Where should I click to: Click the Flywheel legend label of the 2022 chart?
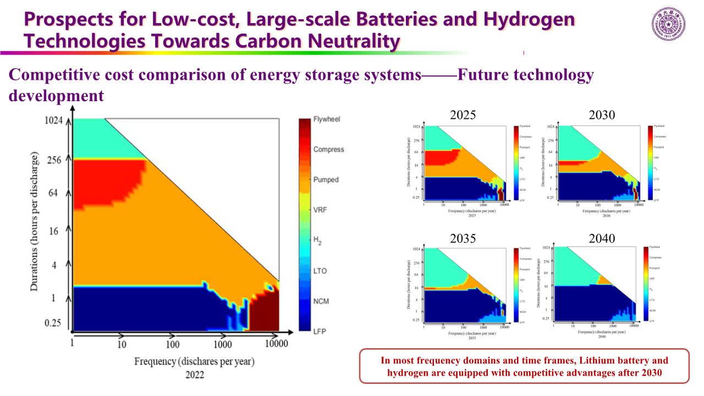pyautogui.click(x=328, y=119)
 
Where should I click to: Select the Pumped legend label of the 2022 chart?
pyautogui.click(x=326, y=180)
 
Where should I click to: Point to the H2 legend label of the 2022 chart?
pyautogui.click(x=318, y=240)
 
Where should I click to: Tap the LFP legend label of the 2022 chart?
pyautogui.click(x=320, y=331)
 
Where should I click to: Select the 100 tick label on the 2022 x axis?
pyautogui.click(x=173, y=344)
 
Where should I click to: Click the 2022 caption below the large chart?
pyautogui.click(x=194, y=375)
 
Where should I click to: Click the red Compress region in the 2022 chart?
pyautogui.click(x=105, y=182)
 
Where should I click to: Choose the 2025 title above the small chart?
pyautogui.click(x=463, y=116)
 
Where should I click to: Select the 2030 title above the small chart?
pyautogui.click(x=602, y=116)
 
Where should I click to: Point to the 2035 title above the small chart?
pyautogui.click(x=463, y=239)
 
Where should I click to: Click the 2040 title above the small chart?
pyautogui.click(x=602, y=239)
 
